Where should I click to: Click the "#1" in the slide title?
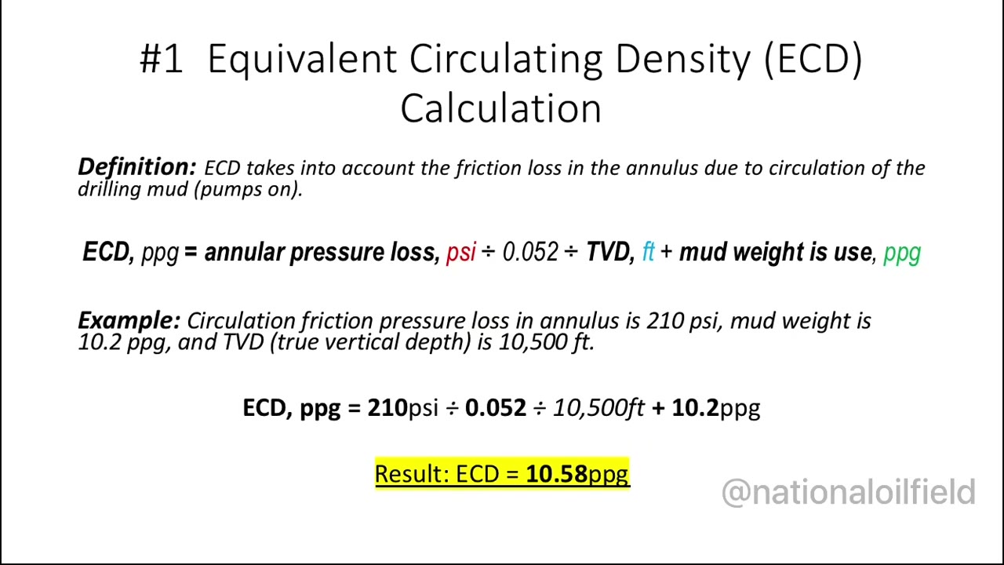click(162, 59)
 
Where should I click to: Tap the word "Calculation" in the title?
click(500, 108)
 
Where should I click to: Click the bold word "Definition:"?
click(136, 167)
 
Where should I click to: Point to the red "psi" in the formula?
click(461, 252)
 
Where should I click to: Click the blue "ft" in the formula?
click(648, 252)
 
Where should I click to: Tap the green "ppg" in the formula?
click(901, 253)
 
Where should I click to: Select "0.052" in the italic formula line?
click(530, 252)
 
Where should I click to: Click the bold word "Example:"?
click(129, 320)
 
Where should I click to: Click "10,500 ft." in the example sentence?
click(547, 342)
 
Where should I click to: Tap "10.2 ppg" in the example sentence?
click(122, 342)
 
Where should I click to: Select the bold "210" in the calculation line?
click(387, 407)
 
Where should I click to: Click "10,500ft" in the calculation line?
click(598, 407)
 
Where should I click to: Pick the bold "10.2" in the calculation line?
click(695, 407)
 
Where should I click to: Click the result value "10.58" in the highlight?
click(556, 474)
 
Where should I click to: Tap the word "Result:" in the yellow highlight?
click(411, 474)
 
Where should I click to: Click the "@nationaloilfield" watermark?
click(848, 493)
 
